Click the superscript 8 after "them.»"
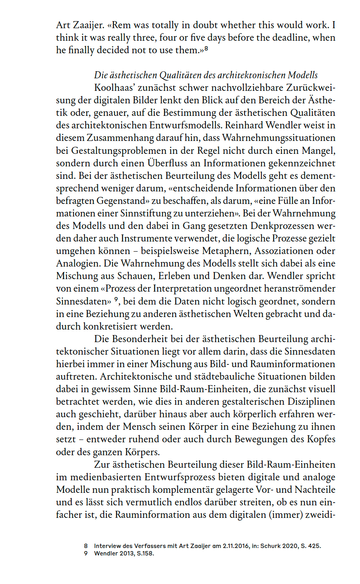coord(206,49)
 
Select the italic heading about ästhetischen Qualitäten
coord(206,75)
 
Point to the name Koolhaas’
coord(113,88)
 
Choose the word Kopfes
coord(320,439)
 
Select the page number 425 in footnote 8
coord(314,546)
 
